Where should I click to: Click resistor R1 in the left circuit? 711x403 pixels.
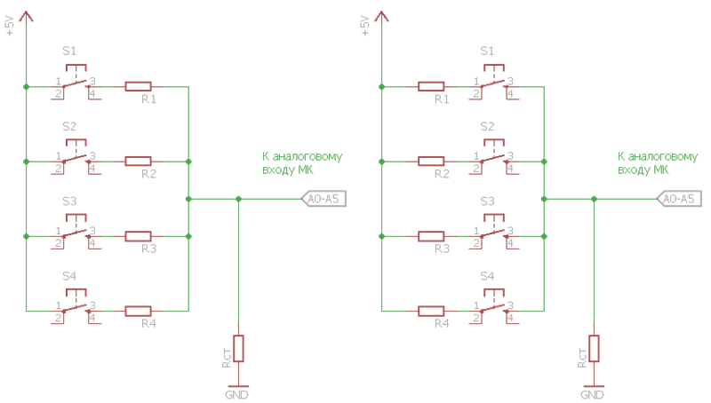coord(138,86)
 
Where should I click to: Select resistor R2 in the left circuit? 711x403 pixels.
coord(138,161)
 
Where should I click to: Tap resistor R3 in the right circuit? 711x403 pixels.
coord(431,236)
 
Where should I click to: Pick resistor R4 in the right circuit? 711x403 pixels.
coord(431,311)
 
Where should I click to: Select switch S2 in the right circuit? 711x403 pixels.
coord(493,157)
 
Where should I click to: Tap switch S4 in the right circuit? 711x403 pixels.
coord(493,307)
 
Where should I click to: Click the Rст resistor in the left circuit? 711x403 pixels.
coord(238,348)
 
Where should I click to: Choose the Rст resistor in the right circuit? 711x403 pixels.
coord(594,348)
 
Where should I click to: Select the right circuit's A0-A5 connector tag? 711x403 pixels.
coord(678,199)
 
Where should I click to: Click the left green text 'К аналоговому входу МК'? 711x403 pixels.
coord(302,162)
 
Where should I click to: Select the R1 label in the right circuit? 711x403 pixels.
coord(442,99)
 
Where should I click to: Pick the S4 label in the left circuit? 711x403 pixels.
coord(69,276)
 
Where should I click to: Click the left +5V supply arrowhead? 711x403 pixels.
coord(26,15)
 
